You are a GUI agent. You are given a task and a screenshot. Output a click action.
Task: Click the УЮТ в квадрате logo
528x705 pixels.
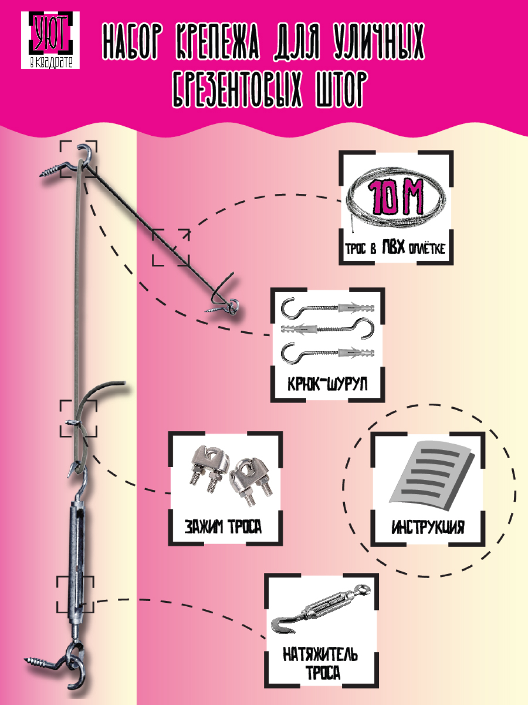coord(50,40)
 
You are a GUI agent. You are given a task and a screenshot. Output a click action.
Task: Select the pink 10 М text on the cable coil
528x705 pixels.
coord(396,197)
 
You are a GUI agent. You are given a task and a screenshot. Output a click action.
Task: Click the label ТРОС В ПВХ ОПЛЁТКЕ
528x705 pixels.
coord(395,248)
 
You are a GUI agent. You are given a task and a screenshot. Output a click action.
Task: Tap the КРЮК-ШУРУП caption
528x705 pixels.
coord(327,384)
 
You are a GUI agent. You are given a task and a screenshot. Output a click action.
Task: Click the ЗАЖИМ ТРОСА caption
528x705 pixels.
coord(223,526)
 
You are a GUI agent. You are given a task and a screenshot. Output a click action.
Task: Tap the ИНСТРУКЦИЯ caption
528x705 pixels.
coord(428,527)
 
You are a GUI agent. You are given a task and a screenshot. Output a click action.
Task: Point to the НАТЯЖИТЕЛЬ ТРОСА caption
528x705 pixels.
coord(321,664)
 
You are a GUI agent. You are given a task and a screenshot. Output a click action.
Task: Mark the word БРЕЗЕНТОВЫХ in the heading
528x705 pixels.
coord(238,90)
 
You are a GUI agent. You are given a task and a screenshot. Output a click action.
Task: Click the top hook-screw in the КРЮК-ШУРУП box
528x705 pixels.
coord(328,307)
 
